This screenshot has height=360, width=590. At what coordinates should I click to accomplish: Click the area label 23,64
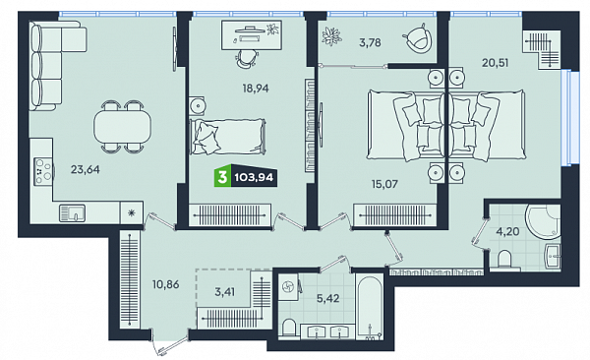pos(86,170)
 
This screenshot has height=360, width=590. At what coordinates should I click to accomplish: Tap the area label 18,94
pos(256,89)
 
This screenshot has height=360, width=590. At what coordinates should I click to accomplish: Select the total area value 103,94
pos(254,177)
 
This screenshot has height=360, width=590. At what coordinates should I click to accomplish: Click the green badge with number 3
pos(222,177)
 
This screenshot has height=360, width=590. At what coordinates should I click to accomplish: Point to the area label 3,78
pos(370,43)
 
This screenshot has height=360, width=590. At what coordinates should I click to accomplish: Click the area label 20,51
pos(496,63)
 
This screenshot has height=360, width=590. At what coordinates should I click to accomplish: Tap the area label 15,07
pos(384,184)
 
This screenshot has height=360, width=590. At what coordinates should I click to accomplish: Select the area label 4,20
pos(507,231)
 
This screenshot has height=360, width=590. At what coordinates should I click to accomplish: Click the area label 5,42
pos(328,299)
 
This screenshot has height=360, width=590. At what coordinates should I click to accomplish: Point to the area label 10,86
pos(165,284)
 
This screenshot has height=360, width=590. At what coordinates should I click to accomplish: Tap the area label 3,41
pos(224,292)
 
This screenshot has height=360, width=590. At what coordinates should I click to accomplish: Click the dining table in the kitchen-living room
pos(122,127)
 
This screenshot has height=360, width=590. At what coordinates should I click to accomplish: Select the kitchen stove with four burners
pos(43,172)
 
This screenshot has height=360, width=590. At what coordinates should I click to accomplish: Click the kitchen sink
pos(72,213)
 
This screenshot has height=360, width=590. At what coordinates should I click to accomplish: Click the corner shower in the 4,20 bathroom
pos(544,223)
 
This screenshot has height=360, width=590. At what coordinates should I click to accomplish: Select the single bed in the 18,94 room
pos(228,137)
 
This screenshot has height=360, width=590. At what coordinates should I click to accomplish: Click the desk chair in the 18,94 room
pos(247,59)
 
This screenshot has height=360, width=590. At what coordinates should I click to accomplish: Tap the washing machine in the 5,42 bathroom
pos(289,287)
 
